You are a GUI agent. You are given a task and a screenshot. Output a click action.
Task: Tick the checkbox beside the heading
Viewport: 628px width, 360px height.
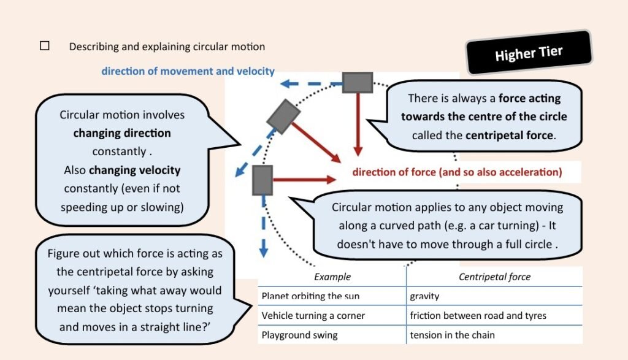click(44, 45)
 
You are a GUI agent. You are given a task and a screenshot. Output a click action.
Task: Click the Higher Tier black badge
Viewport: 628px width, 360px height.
click(529, 53)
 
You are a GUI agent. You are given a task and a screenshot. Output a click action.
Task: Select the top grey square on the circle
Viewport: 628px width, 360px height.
click(358, 83)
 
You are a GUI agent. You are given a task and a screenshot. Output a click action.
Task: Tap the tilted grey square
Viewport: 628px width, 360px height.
click(283, 117)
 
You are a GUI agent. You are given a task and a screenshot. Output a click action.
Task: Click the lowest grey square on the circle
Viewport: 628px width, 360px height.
click(262, 180)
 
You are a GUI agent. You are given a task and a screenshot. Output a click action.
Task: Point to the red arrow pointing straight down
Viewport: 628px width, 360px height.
click(358, 124)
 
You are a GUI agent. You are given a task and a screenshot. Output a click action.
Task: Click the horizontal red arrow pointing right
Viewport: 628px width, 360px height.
click(304, 180)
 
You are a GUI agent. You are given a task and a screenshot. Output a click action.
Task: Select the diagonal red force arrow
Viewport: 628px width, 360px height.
click(316, 143)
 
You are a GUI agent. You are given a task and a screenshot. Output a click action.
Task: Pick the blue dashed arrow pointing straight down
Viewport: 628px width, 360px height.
click(264, 226)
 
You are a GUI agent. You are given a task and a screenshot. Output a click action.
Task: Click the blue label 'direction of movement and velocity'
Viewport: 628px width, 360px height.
click(188, 71)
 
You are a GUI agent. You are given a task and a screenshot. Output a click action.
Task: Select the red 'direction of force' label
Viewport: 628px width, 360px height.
click(457, 172)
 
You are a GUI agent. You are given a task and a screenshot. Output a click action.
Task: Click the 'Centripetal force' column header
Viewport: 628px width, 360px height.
click(495, 277)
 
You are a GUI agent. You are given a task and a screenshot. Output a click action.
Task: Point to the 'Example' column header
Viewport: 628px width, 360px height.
click(332, 277)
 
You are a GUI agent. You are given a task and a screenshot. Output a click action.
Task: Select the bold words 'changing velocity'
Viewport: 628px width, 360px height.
click(134, 170)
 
